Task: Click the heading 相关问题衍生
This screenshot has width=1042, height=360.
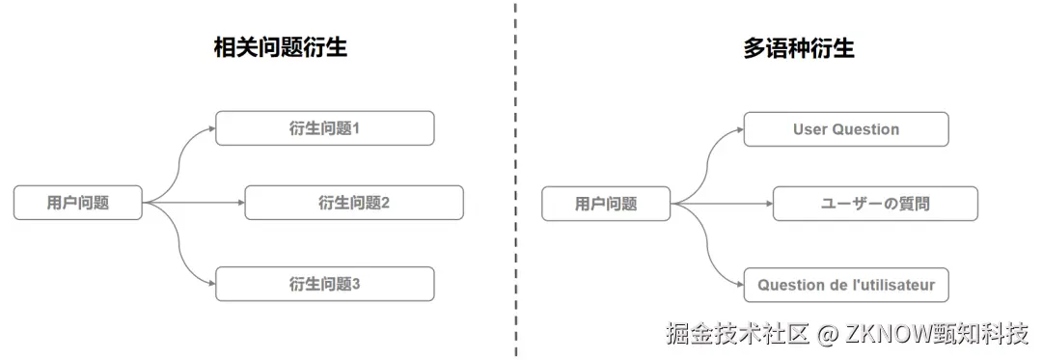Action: [x=280, y=47]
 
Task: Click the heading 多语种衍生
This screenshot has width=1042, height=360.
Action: [x=798, y=47]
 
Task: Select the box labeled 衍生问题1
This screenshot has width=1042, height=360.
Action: [x=324, y=128]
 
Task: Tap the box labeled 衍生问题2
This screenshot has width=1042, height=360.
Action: [x=354, y=203]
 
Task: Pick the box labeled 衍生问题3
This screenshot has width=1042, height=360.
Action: [x=324, y=284]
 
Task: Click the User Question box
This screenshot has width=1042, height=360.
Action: [x=846, y=129]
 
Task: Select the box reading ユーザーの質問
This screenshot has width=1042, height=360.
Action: [x=875, y=204]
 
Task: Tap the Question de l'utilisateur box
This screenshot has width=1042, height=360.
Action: [x=846, y=285]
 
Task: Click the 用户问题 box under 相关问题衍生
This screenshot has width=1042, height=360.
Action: [x=78, y=203]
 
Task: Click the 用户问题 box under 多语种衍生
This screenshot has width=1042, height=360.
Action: [x=606, y=204]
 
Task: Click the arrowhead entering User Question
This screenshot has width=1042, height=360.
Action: [x=739, y=129]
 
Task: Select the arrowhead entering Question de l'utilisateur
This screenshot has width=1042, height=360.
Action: [x=739, y=285]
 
